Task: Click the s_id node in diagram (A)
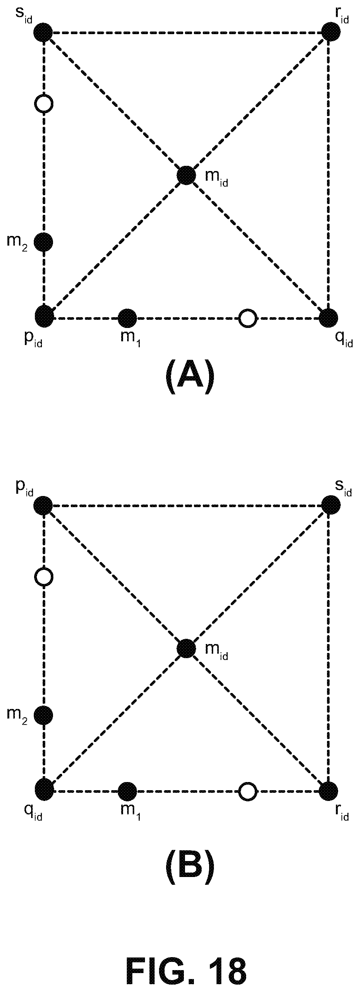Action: coord(43,32)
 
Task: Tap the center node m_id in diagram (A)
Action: coord(186,175)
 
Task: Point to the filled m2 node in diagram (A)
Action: coord(43,242)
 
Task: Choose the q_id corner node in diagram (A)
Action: coord(329,318)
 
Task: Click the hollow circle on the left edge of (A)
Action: coord(43,104)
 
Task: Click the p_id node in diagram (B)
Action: coord(43,505)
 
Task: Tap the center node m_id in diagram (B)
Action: coord(186,649)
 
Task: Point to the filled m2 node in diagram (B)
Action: coord(43,715)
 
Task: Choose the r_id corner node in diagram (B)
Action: coord(329,791)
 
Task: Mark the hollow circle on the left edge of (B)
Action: coord(43,577)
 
